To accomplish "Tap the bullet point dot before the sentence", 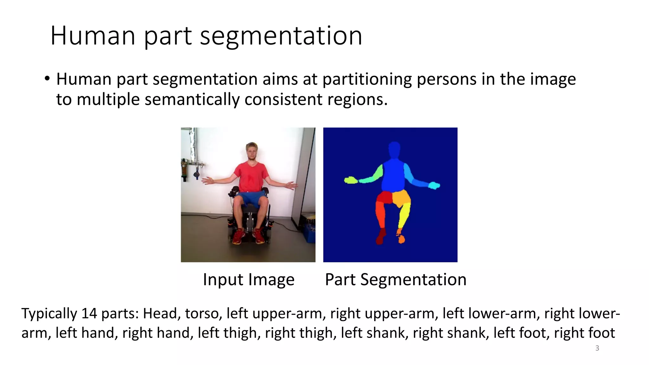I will coord(47,79).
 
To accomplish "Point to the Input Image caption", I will coord(248,279).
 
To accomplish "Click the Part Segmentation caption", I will coord(395,279).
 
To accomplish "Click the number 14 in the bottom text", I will coord(89,313).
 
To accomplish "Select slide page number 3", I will coord(597,348).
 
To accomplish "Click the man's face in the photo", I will coord(252,152).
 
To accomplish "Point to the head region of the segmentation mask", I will coord(394,150).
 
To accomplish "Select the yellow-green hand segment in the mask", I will coord(350,180).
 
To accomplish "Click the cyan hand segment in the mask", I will coord(434,185).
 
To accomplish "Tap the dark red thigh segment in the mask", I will coord(384,197).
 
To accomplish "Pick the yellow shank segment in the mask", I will coord(404,215).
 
